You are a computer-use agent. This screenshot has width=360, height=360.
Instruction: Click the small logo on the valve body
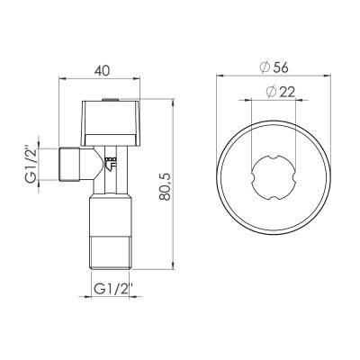(112, 164)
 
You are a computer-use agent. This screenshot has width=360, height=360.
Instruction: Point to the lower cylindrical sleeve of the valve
(110, 220)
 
